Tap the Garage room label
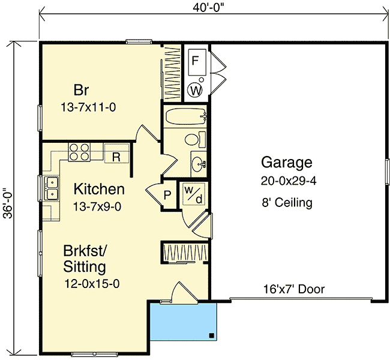point(287,162)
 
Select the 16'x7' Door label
point(293,289)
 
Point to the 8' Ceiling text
point(287,203)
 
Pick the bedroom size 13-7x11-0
point(88,109)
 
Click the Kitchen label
point(99,190)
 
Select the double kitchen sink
point(50,187)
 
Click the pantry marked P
point(167,195)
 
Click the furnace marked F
point(196,61)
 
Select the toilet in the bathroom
point(192,140)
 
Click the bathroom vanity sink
point(199,163)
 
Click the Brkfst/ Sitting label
point(85,259)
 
